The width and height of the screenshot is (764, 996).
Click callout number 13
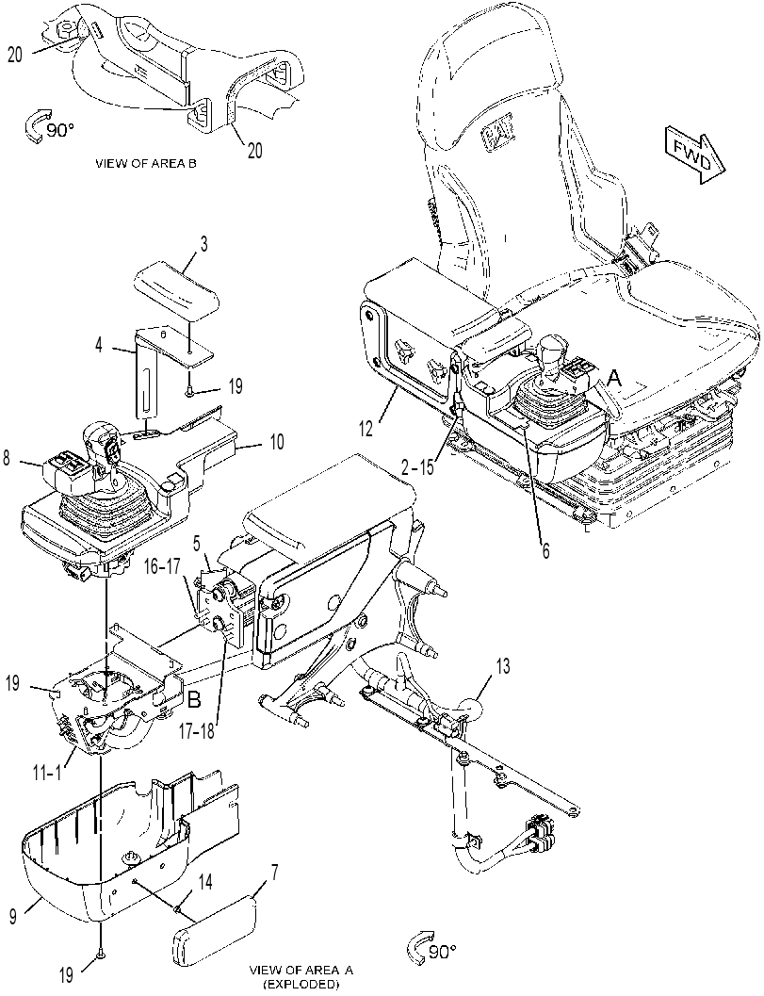tap(502, 666)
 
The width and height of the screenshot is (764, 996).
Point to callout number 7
tap(274, 873)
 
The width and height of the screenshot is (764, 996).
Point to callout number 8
tap(6, 458)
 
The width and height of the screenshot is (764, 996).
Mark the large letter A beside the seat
tap(613, 379)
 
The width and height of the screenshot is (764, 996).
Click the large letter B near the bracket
tap(195, 701)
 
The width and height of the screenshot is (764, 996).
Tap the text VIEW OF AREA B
tap(145, 163)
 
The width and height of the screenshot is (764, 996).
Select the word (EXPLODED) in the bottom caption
tap(301, 985)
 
